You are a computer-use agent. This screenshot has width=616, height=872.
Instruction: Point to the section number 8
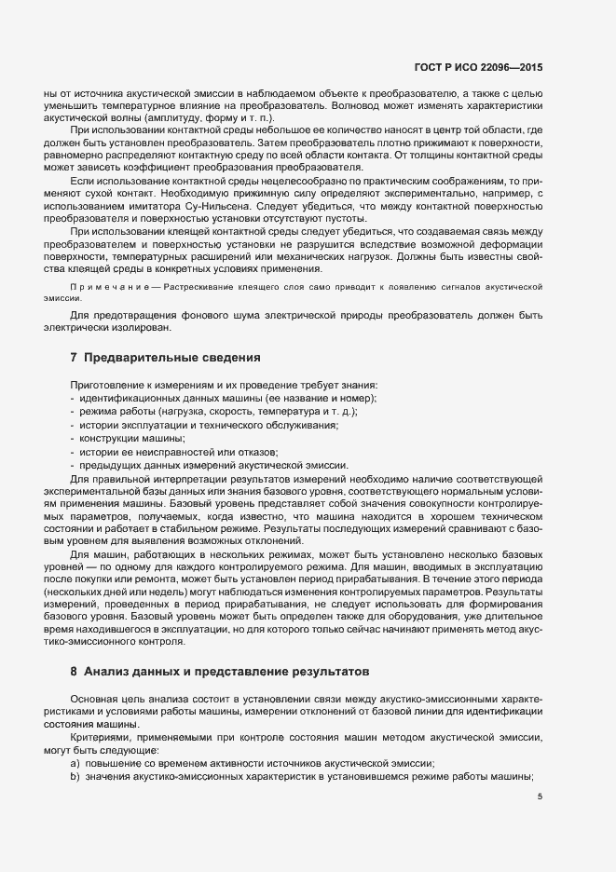pos(74,671)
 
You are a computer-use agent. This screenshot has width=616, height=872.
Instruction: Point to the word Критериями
pos(102,737)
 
